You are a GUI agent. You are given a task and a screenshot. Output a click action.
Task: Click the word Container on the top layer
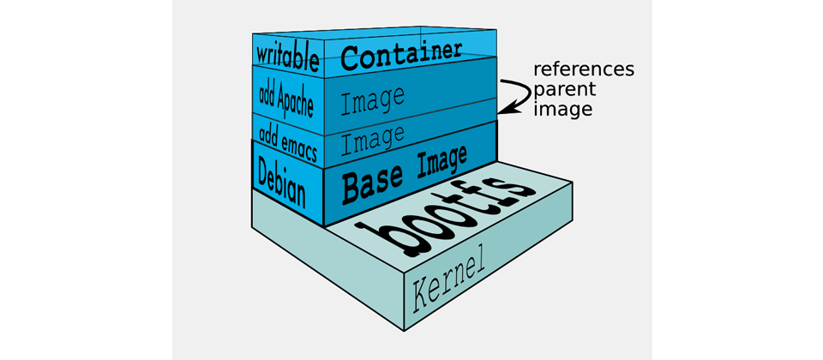pos(401,55)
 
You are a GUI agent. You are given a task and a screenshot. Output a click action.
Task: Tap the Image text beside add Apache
pos(372,100)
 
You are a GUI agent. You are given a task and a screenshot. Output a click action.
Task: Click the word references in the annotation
pos(584,69)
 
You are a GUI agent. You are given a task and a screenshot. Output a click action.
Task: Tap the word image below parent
pos(563,109)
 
